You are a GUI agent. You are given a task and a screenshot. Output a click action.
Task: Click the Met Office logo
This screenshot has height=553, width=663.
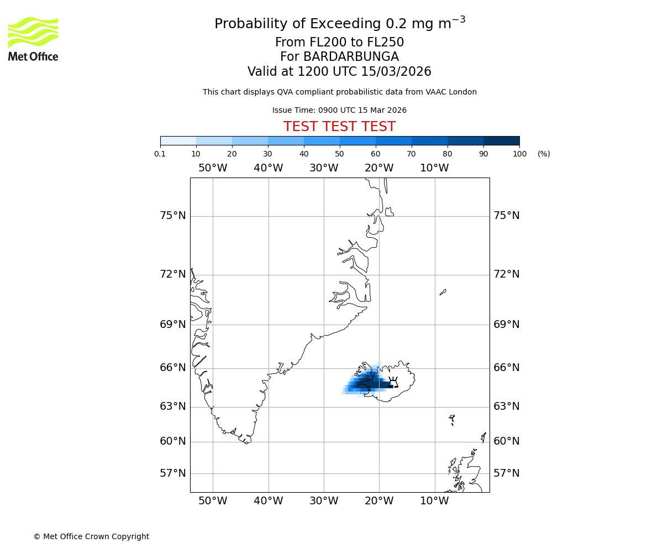[33, 39]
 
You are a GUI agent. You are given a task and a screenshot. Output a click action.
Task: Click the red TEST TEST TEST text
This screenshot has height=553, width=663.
[339, 127]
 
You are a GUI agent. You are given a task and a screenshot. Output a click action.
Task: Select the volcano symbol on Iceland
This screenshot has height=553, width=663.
[393, 382]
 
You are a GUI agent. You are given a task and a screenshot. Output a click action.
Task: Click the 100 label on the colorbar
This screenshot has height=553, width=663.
[519, 154]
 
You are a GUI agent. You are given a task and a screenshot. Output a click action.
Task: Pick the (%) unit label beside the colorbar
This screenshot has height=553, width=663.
[544, 154]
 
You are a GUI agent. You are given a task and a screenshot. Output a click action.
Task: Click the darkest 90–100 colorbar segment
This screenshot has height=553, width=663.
[501, 140]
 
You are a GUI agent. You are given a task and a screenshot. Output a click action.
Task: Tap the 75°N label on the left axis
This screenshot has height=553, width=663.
[173, 216]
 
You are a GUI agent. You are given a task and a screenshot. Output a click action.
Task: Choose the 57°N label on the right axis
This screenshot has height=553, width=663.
[506, 473]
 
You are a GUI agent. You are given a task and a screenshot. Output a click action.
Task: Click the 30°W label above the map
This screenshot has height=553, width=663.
[324, 168]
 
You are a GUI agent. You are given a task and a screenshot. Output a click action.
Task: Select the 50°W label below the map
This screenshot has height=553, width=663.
[213, 501]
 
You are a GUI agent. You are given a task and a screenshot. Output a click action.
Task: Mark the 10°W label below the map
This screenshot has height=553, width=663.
[434, 501]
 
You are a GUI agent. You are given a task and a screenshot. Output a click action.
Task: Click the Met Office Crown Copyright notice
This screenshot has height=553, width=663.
[91, 536]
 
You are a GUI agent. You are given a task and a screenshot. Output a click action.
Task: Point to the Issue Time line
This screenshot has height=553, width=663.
[339, 111]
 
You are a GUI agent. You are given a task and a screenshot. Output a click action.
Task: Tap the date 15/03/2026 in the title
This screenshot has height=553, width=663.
[396, 72]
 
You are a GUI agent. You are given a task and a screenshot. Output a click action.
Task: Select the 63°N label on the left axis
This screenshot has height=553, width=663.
[173, 406]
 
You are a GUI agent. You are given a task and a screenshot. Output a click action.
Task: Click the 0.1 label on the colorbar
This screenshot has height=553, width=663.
[160, 154]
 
